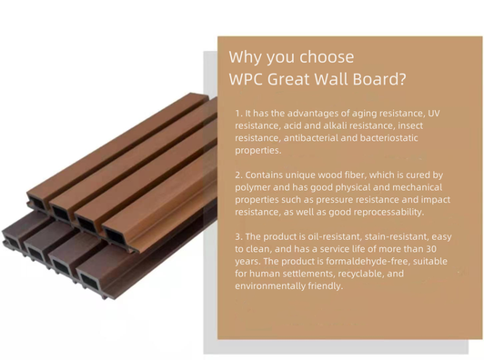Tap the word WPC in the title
point(246,79)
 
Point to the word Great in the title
point(288,79)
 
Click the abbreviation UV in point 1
point(433,114)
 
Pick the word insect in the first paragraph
point(410,125)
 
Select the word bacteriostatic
point(389,138)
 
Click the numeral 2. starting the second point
point(238,175)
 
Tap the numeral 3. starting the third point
point(238,237)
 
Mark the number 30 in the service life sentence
point(431,249)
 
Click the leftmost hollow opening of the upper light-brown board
point(37,204)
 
